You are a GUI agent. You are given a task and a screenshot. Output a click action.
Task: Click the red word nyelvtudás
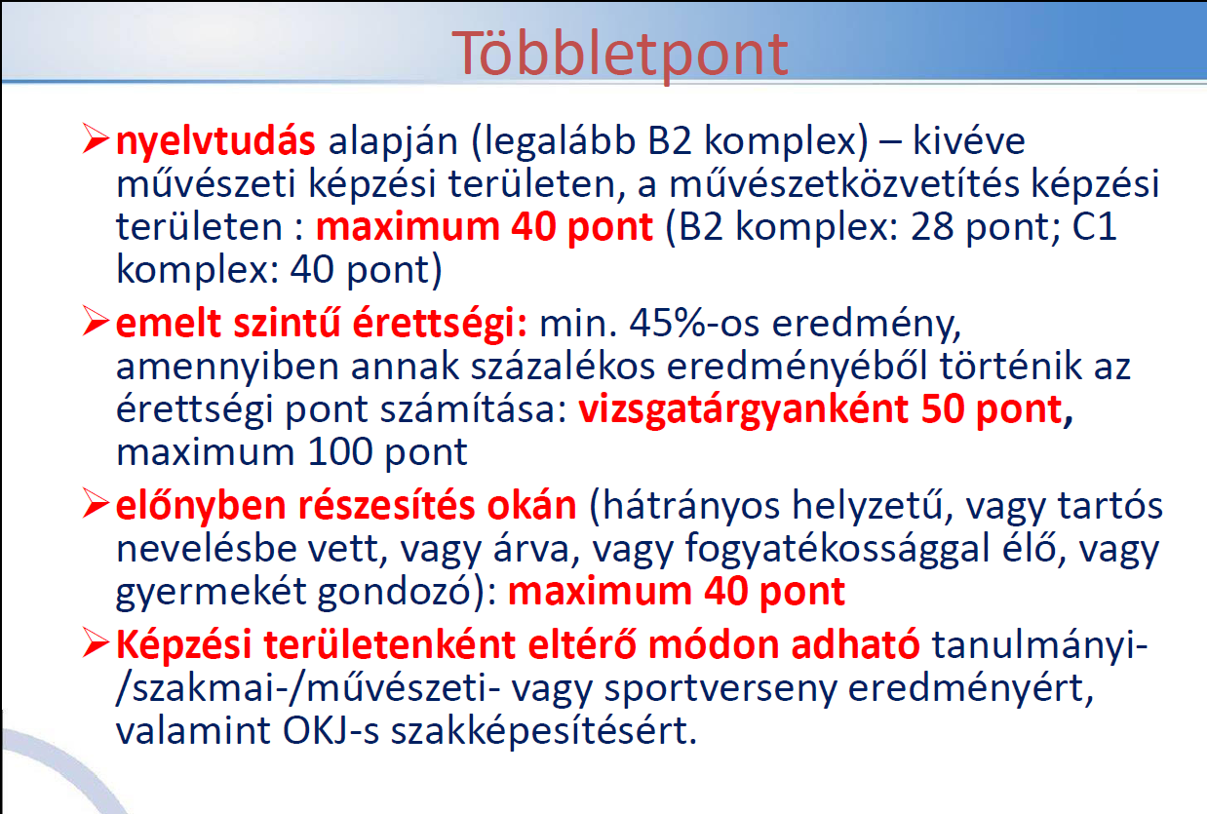[x=215, y=141]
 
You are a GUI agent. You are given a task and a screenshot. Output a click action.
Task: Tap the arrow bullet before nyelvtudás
[x=96, y=139]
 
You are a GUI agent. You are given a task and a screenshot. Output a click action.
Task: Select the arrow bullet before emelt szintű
[x=96, y=321]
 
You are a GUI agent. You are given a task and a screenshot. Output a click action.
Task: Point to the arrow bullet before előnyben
[x=96, y=504]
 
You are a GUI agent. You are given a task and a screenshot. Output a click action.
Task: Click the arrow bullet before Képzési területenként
[x=96, y=643]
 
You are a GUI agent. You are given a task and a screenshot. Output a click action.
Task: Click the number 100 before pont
[x=340, y=452]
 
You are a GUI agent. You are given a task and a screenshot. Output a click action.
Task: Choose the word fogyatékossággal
[x=837, y=550]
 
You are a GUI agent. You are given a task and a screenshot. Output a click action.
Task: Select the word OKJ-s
[x=331, y=731]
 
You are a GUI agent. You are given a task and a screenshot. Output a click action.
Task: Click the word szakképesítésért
[x=544, y=732]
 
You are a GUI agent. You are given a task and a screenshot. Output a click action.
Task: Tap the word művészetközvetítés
[x=844, y=183]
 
